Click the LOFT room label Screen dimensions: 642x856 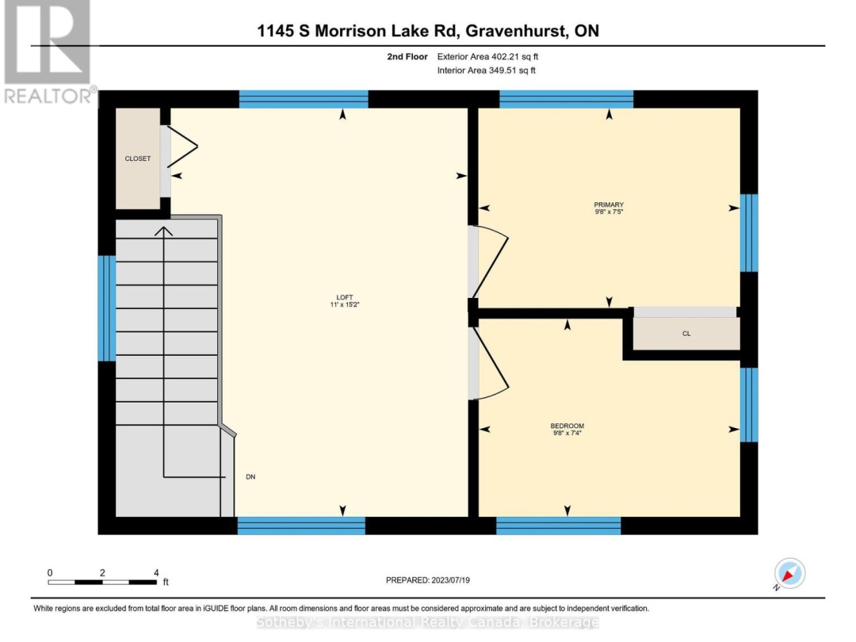click(343, 296)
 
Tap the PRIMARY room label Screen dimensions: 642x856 click(609, 204)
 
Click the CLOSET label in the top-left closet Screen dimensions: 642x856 click(137, 159)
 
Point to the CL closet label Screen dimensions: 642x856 click(686, 334)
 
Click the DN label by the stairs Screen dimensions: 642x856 click(250, 477)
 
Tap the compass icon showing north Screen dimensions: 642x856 click(789, 573)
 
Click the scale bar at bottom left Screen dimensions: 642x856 click(102, 582)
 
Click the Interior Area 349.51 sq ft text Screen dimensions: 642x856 click(487, 71)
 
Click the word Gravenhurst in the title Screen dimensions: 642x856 click(514, 32)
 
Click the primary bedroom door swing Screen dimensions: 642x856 click(490, 262)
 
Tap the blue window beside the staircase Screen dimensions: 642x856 click(102, 308)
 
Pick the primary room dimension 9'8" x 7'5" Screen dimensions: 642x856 click(609, 212)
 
